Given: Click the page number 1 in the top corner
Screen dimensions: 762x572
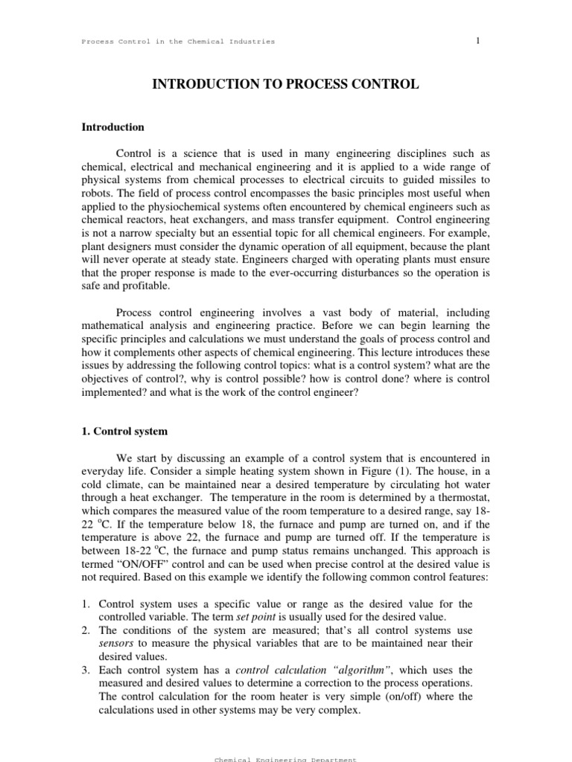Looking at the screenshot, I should pos(478,40).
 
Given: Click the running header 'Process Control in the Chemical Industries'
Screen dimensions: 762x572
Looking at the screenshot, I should pos(178,42).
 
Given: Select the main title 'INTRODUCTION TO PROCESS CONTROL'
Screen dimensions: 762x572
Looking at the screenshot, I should pos(285,85).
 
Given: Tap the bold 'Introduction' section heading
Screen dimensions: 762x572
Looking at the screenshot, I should pos(112,127).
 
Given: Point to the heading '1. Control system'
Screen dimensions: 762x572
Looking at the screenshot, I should pos(124,431).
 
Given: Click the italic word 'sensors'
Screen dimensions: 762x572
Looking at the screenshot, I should pos(116,644).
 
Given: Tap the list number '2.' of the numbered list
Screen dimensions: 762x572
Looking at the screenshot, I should pos(86,630).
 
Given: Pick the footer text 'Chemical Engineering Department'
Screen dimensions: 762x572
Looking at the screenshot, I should pos(285,759).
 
